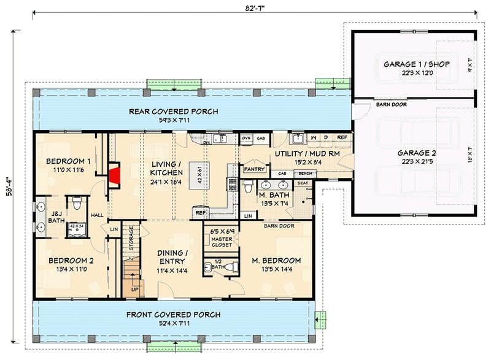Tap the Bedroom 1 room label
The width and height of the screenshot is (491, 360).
tap(68, 161)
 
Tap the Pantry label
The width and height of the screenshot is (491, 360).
tap(253, 168)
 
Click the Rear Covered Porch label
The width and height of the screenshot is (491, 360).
tap(173, 112)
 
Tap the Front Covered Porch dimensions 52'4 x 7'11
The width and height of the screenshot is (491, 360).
tap(174, 323)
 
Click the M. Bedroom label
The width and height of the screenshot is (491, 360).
tap(276, 259)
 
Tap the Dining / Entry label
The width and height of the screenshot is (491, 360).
tap(172, 257)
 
